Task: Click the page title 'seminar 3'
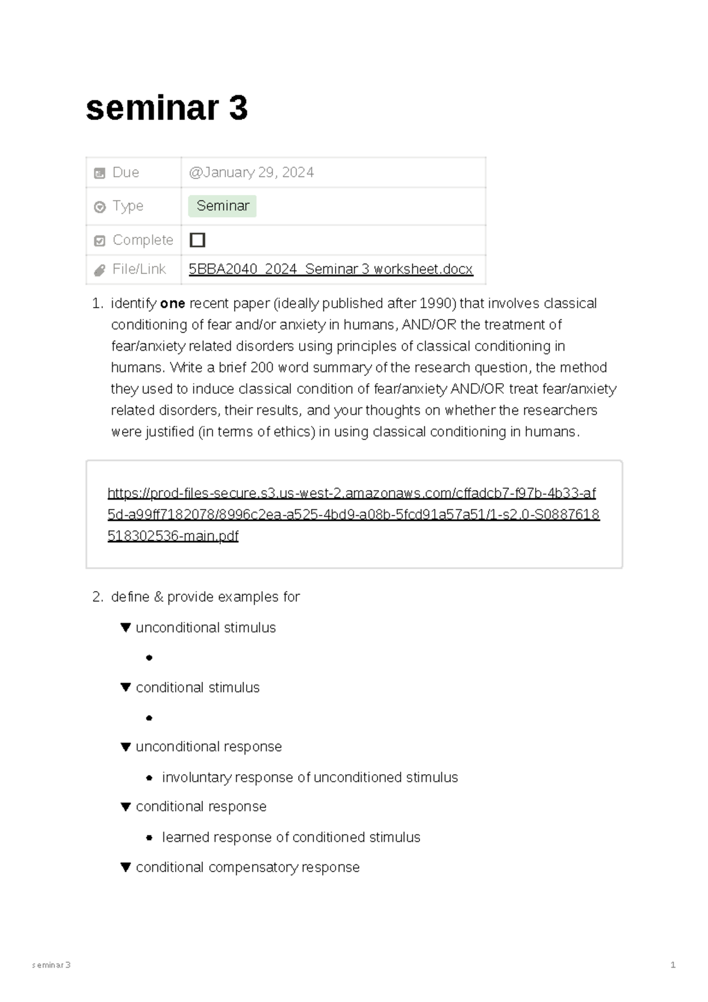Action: pos(167,109)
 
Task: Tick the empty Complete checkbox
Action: pos(198,240)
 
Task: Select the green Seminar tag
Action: pos(222,206)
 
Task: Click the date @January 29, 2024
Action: pos(251,172)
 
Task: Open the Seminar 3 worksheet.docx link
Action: pos(330,269)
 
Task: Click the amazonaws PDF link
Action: pos(352,514)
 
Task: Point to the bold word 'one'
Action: pos(172,303)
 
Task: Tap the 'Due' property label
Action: pos(125,172)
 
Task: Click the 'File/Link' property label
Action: pos(139,269)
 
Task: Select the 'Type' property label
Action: pos(127,206)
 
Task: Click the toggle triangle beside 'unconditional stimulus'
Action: pos(126,627)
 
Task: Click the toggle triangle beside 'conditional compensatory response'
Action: pos(126,867)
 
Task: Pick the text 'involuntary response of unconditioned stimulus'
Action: pos(310,778)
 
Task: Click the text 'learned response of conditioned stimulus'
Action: pos(291,837)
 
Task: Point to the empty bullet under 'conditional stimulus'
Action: pos(149,718)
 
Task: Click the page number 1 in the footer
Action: pos(673,965)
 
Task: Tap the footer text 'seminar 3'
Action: pos(51,965)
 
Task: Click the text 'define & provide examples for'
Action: pos(205,597)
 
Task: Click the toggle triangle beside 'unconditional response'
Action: pos(126,747)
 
